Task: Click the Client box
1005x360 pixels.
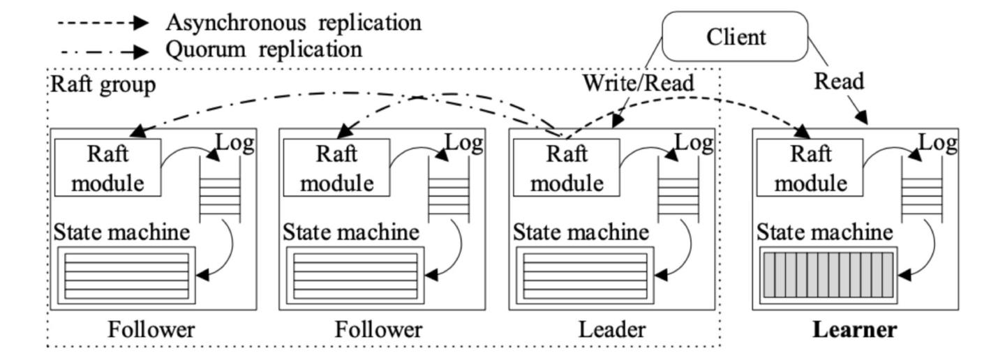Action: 735,36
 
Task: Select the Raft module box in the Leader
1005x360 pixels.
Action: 566,167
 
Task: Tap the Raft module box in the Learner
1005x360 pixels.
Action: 810,167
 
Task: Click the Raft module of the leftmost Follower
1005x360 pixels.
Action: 107,167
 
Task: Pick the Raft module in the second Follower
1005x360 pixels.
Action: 336,167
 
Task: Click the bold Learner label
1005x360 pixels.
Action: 855,329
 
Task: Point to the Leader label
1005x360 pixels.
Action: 612,329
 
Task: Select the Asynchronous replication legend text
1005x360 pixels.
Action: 293,22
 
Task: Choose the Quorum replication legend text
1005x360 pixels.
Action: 263,50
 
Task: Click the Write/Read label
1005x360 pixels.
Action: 639,83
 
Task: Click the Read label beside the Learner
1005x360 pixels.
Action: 839,82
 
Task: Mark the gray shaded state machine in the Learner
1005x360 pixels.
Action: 828,276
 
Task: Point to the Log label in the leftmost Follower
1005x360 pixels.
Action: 234,143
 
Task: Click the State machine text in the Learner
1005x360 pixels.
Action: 825,232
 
